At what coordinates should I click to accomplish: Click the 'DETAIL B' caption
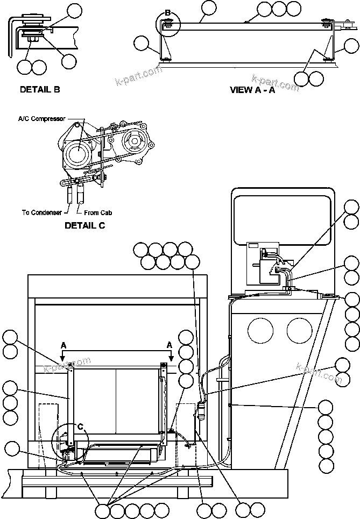[39, 89]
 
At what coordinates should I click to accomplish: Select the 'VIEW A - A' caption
[252, 90]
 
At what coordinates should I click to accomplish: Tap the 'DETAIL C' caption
[84, 225]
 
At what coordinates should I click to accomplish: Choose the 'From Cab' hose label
[98, 212]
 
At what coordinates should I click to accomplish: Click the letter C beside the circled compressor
[80, 427]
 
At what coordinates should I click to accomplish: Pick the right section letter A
[170, 345]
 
